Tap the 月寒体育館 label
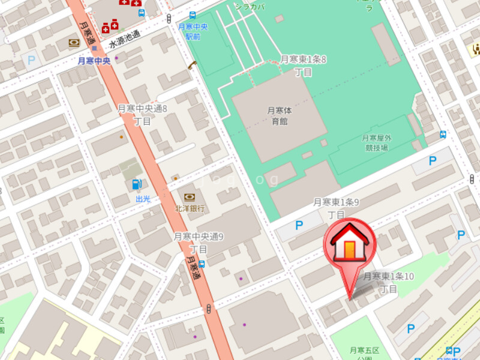pyautogui.click(x=280, y=115)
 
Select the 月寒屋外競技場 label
pyautogui.click(x=376, y=142)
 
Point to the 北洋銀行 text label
pyautogui.click(x=190, y=209)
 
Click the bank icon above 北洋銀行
pyautogui.click(x=190, y=197)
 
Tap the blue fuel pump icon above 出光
pyautogui.click(x=137, y=185)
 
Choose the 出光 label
pyautogui.click(x=142, y=199)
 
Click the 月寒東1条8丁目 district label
pyautogui.click(x=304, y=65)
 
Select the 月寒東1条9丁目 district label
pyautogui.click(x=336, y=208)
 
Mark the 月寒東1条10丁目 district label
pyautogui.click(x=389, y=282)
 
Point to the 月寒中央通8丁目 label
pyautogui.click(x=142, y=115)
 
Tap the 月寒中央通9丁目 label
pyautogui.click(x=199, y=242)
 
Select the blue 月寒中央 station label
pyautogui.click(x=94, y=61)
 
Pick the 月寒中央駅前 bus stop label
pyautogui.click(x=193, y=31)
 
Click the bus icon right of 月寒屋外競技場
pyautogui.click(x=443, y=134)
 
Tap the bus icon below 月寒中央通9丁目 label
pyautogui.click(x=202, y=264)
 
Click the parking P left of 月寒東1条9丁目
pyautogui.click(x=299, y=226)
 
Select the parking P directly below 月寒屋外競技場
pyautogui.click(x=432, y=161)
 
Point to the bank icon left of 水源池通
pyautogui.click(x=74, y=43)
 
